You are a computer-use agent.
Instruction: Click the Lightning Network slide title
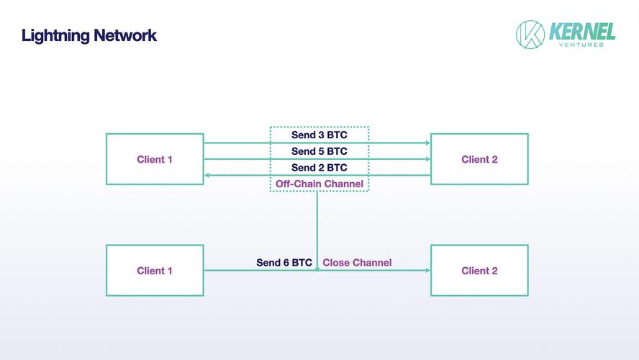(x=89, y=36)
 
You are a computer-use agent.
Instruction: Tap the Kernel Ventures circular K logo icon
(x=530, y=35)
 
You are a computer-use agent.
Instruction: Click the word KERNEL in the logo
(x=582, y=32)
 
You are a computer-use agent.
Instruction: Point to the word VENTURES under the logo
(x=581, y=45)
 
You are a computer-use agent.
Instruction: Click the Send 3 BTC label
(x=319, y=135)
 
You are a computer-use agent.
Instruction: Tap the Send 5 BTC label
(x=319, y=151)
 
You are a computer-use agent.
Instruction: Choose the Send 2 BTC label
(x=319, y=168)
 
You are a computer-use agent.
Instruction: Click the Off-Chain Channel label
(x=319, y=184)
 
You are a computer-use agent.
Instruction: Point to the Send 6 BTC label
(x=284, y=263)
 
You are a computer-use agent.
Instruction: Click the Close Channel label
(x=357, y=263)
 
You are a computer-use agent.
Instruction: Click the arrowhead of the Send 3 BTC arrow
(x=428, y=143)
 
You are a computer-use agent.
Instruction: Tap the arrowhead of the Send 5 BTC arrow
(x=428, y=159)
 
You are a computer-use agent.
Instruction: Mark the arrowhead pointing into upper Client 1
(x=207, y=175)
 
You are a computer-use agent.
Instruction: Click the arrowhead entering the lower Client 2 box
(x=428, y=270)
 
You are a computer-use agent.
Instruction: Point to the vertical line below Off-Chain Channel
(x=317, y=231)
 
